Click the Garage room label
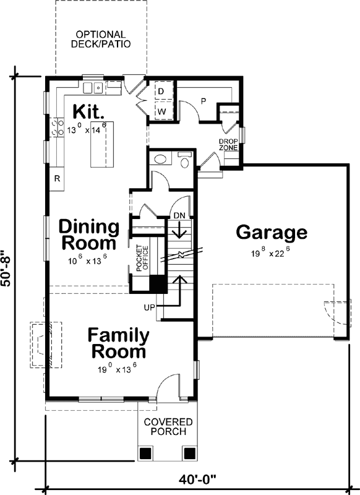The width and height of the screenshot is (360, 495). click(272, 233)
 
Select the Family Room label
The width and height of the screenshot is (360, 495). click(119, 343)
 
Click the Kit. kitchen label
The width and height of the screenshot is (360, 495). click(88, 112)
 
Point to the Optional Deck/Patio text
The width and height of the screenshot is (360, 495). click(101, 39)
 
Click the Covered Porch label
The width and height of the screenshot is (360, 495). click(168, 426)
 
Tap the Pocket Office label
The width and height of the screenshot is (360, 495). click(142, 258)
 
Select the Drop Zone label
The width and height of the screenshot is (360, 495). click(228, 145)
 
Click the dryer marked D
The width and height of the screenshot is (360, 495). click(164, 91)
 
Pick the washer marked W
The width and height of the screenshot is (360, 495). click(164, 111)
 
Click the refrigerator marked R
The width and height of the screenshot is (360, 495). click(57, 179)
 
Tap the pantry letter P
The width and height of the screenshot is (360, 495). click(204, 101)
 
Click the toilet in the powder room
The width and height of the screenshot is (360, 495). click(184, 160)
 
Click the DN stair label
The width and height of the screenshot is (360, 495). click(179, 215)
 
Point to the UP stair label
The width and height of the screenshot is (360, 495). click(150, 307)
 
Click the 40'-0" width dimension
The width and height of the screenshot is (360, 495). click(197, 480)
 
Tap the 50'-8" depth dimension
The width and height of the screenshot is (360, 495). click(6, 268)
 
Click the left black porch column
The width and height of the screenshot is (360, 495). click(146, 454)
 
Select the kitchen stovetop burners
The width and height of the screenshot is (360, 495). click(57, 127)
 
